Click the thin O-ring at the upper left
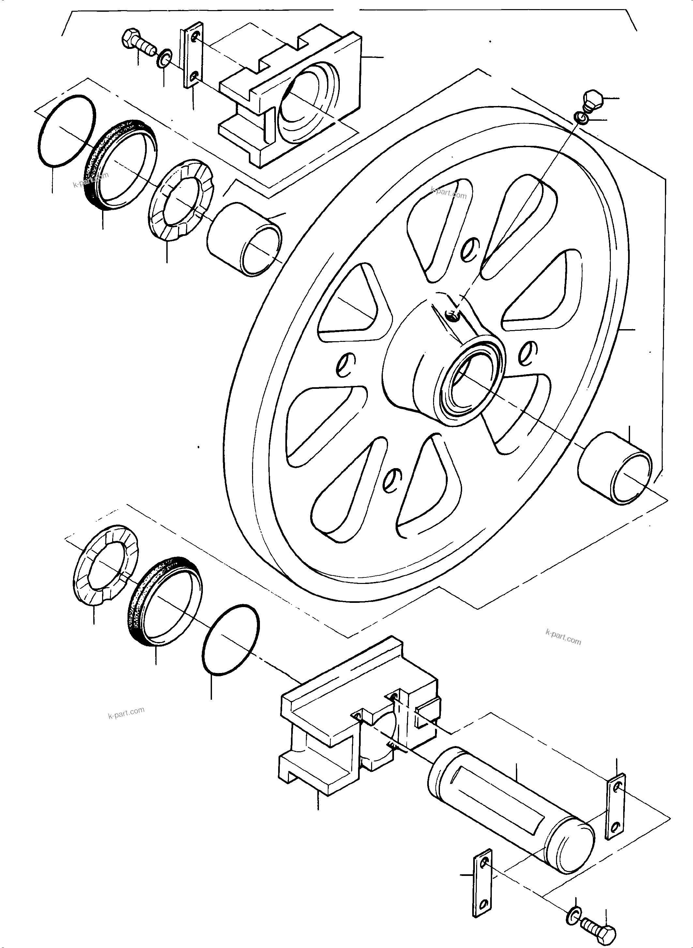(x=66, y=132)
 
